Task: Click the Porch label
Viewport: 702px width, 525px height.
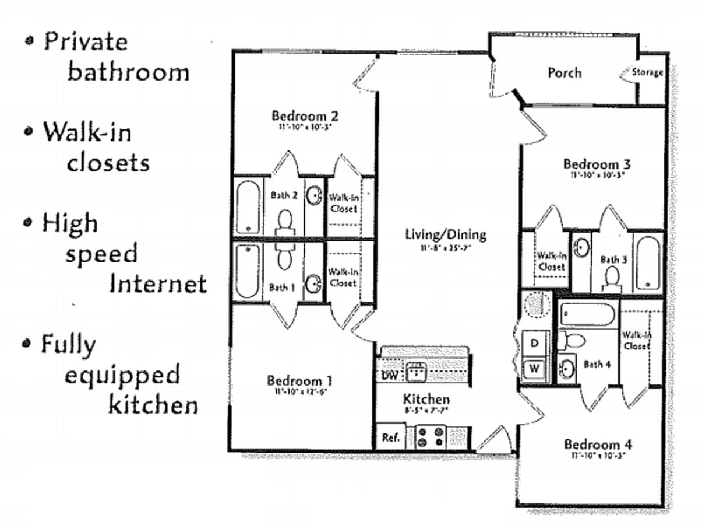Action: (564, 73)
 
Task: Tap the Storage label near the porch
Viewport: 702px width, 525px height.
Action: (647, 72)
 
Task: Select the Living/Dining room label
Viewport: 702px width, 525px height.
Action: (446, 235)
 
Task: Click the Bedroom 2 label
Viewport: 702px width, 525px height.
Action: (305, 116)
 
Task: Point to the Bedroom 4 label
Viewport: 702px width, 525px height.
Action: (597, 444)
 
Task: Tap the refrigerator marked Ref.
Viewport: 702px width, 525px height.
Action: (390, 437)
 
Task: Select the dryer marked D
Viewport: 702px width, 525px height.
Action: (535, 344)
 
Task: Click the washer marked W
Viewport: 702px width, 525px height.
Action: (535, 369)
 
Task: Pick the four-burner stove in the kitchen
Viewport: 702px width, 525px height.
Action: (430, 437)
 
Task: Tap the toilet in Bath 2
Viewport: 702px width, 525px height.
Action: (285, 222)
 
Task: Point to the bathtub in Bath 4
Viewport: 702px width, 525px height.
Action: (588, 316)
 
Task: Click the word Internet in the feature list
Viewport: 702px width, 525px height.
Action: (158, 284)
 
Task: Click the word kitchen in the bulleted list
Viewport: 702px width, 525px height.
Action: (153, 404)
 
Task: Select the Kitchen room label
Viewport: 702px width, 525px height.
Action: (426, 400)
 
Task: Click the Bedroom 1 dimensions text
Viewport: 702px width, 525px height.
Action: (299, 391)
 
